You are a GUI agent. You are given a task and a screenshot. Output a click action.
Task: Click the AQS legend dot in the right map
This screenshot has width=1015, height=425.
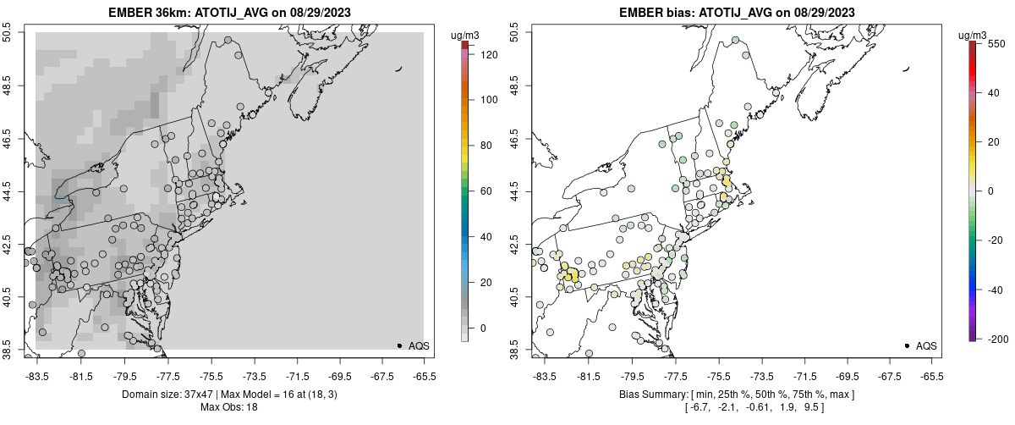pyautogui.click(x=907, y=345)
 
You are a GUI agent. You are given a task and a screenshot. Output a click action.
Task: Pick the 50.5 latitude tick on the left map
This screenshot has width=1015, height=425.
pyautogui.click(x=8, y=33)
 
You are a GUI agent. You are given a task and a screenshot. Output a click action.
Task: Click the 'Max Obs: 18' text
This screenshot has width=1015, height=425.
pyautogui.click(x=229, y=407)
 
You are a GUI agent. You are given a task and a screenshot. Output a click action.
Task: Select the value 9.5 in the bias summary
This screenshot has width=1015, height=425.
pyautogui.click(x=813, y=407)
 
